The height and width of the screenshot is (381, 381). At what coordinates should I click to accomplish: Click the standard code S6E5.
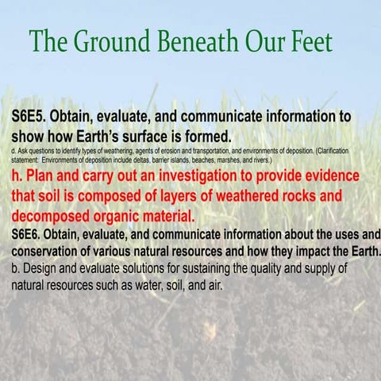pyautogui.click(x=33, y=116)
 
